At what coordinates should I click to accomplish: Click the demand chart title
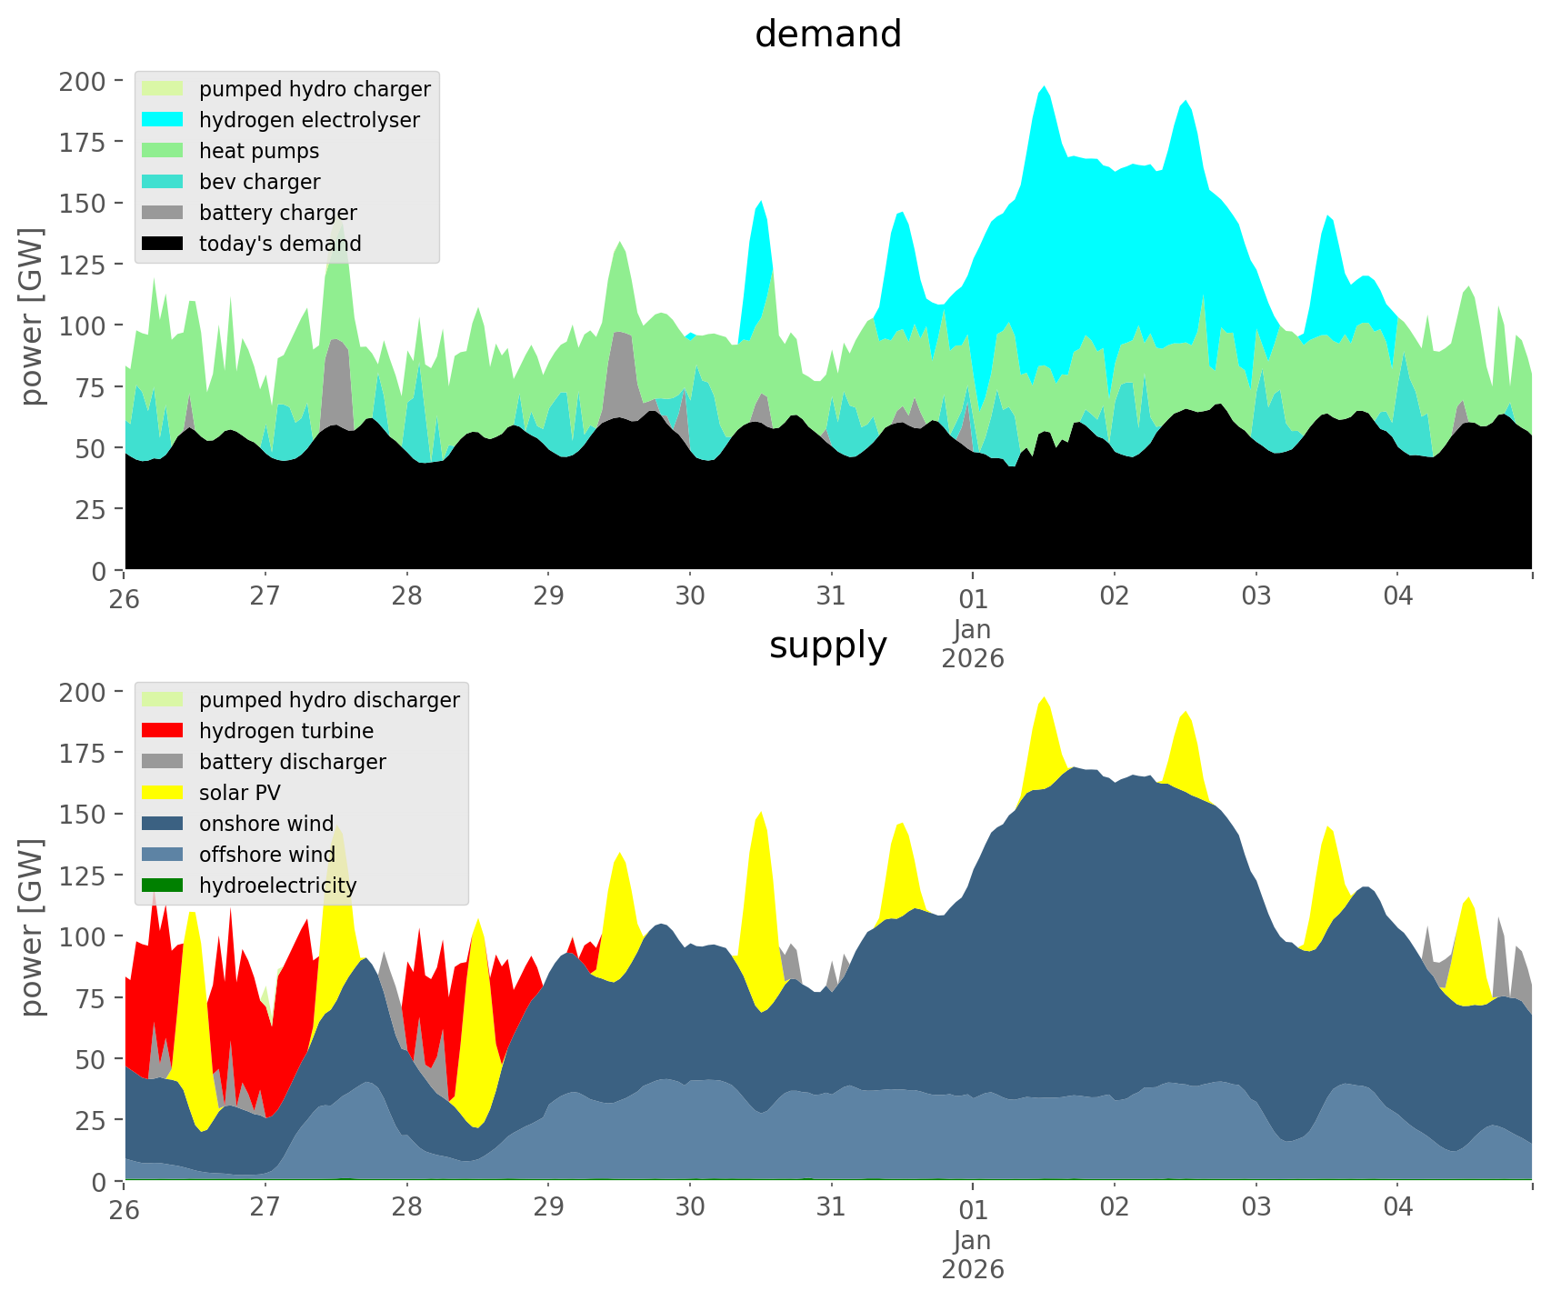827,35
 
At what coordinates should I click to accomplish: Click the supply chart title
827,645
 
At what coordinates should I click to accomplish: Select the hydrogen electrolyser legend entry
309,120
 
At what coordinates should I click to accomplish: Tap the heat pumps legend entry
259,151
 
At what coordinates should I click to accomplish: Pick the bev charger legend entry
259,182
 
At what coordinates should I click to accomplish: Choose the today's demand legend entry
280,244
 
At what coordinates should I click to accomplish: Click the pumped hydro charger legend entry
315,89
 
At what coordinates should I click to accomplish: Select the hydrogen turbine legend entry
285,731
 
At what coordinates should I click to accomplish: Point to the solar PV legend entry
239,793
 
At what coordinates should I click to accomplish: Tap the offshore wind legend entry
267,855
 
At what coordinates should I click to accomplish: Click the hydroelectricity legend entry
277,886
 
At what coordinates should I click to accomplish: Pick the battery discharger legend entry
292,762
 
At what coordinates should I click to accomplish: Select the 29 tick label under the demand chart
548,596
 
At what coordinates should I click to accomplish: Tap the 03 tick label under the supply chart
1256,1207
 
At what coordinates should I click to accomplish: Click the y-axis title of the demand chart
32,316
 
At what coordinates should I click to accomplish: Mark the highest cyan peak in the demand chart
1045,88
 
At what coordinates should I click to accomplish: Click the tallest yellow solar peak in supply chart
1045,699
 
